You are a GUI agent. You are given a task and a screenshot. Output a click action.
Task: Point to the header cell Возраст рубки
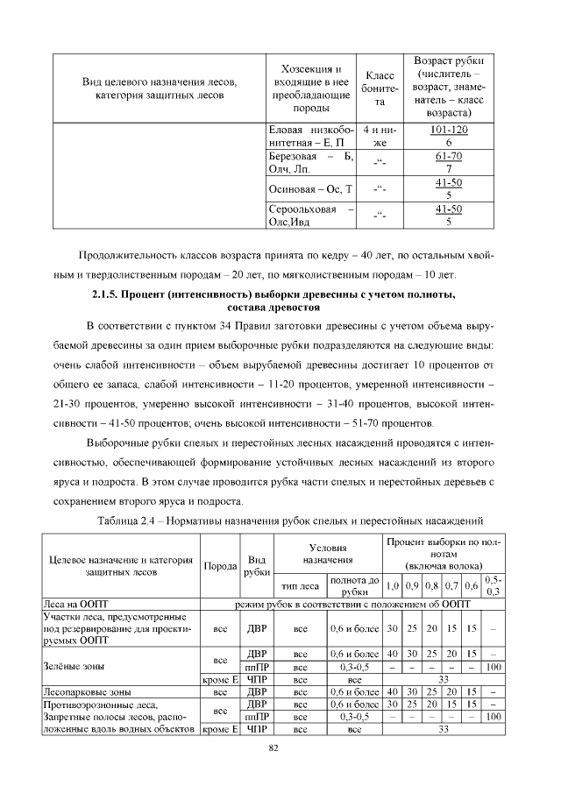click(x=449, y=89)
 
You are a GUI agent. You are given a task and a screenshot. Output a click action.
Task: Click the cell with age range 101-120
click(x=449, y=136)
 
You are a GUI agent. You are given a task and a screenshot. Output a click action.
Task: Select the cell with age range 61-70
click(x=449, y=162)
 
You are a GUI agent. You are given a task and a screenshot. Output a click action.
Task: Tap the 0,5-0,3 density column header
click(x=494, y=585)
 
